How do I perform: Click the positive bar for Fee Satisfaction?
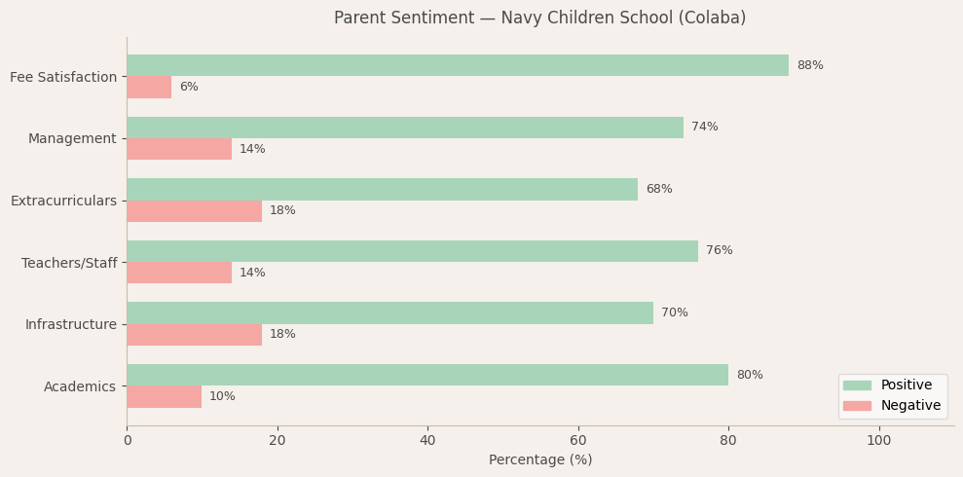tap(458, 65)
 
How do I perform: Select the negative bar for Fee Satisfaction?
tap(149, 87)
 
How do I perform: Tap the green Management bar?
tap(405, 128)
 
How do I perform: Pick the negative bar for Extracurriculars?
tap(194, 211)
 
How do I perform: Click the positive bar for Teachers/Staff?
tap(412, 251)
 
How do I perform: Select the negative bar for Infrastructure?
tap(194, 335)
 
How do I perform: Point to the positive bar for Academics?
tap(427, 375)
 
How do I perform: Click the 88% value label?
tap(809, 65)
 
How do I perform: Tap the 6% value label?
tap(189, 87)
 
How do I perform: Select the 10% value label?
tap(222, 396)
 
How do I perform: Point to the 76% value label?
tap(719, 251)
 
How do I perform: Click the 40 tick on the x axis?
tap(427, 441)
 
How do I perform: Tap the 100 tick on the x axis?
tap(878, 441)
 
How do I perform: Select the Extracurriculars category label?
tap(63, 201)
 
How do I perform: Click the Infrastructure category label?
tap(70, 324)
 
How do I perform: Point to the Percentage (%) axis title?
tap(539, 460)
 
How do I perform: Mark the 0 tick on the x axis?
tap(127, 441)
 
